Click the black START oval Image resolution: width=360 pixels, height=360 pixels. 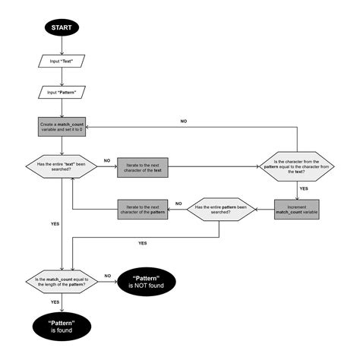(61, 28)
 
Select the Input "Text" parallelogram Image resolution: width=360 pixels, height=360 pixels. (61, 60)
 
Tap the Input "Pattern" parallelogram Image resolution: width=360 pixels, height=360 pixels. (61, 92)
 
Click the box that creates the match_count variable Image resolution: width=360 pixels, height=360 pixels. (61, 128)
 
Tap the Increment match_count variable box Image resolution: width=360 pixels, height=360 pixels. (297, 210)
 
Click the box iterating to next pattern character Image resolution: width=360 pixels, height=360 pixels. (142, 210)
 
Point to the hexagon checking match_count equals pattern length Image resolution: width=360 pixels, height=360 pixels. (61, 282)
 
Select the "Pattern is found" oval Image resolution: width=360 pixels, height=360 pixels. (61, 327)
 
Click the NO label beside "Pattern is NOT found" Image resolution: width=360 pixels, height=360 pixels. (107, 276)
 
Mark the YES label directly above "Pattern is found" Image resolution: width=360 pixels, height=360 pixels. (55, 302)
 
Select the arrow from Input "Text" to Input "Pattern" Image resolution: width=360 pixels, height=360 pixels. (61, 76)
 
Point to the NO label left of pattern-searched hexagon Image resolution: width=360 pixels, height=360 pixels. (178, 203)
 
